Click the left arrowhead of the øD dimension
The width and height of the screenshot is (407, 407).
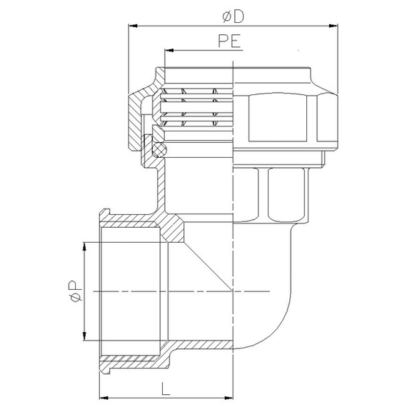tap(131, 27)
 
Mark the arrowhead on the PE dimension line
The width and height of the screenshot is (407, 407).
tap(169, 51)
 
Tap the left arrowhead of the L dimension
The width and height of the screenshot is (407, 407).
tap(102, 397)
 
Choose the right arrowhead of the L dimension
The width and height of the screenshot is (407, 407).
tap(230, 397)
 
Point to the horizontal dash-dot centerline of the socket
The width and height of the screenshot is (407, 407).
tap(179, 292)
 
